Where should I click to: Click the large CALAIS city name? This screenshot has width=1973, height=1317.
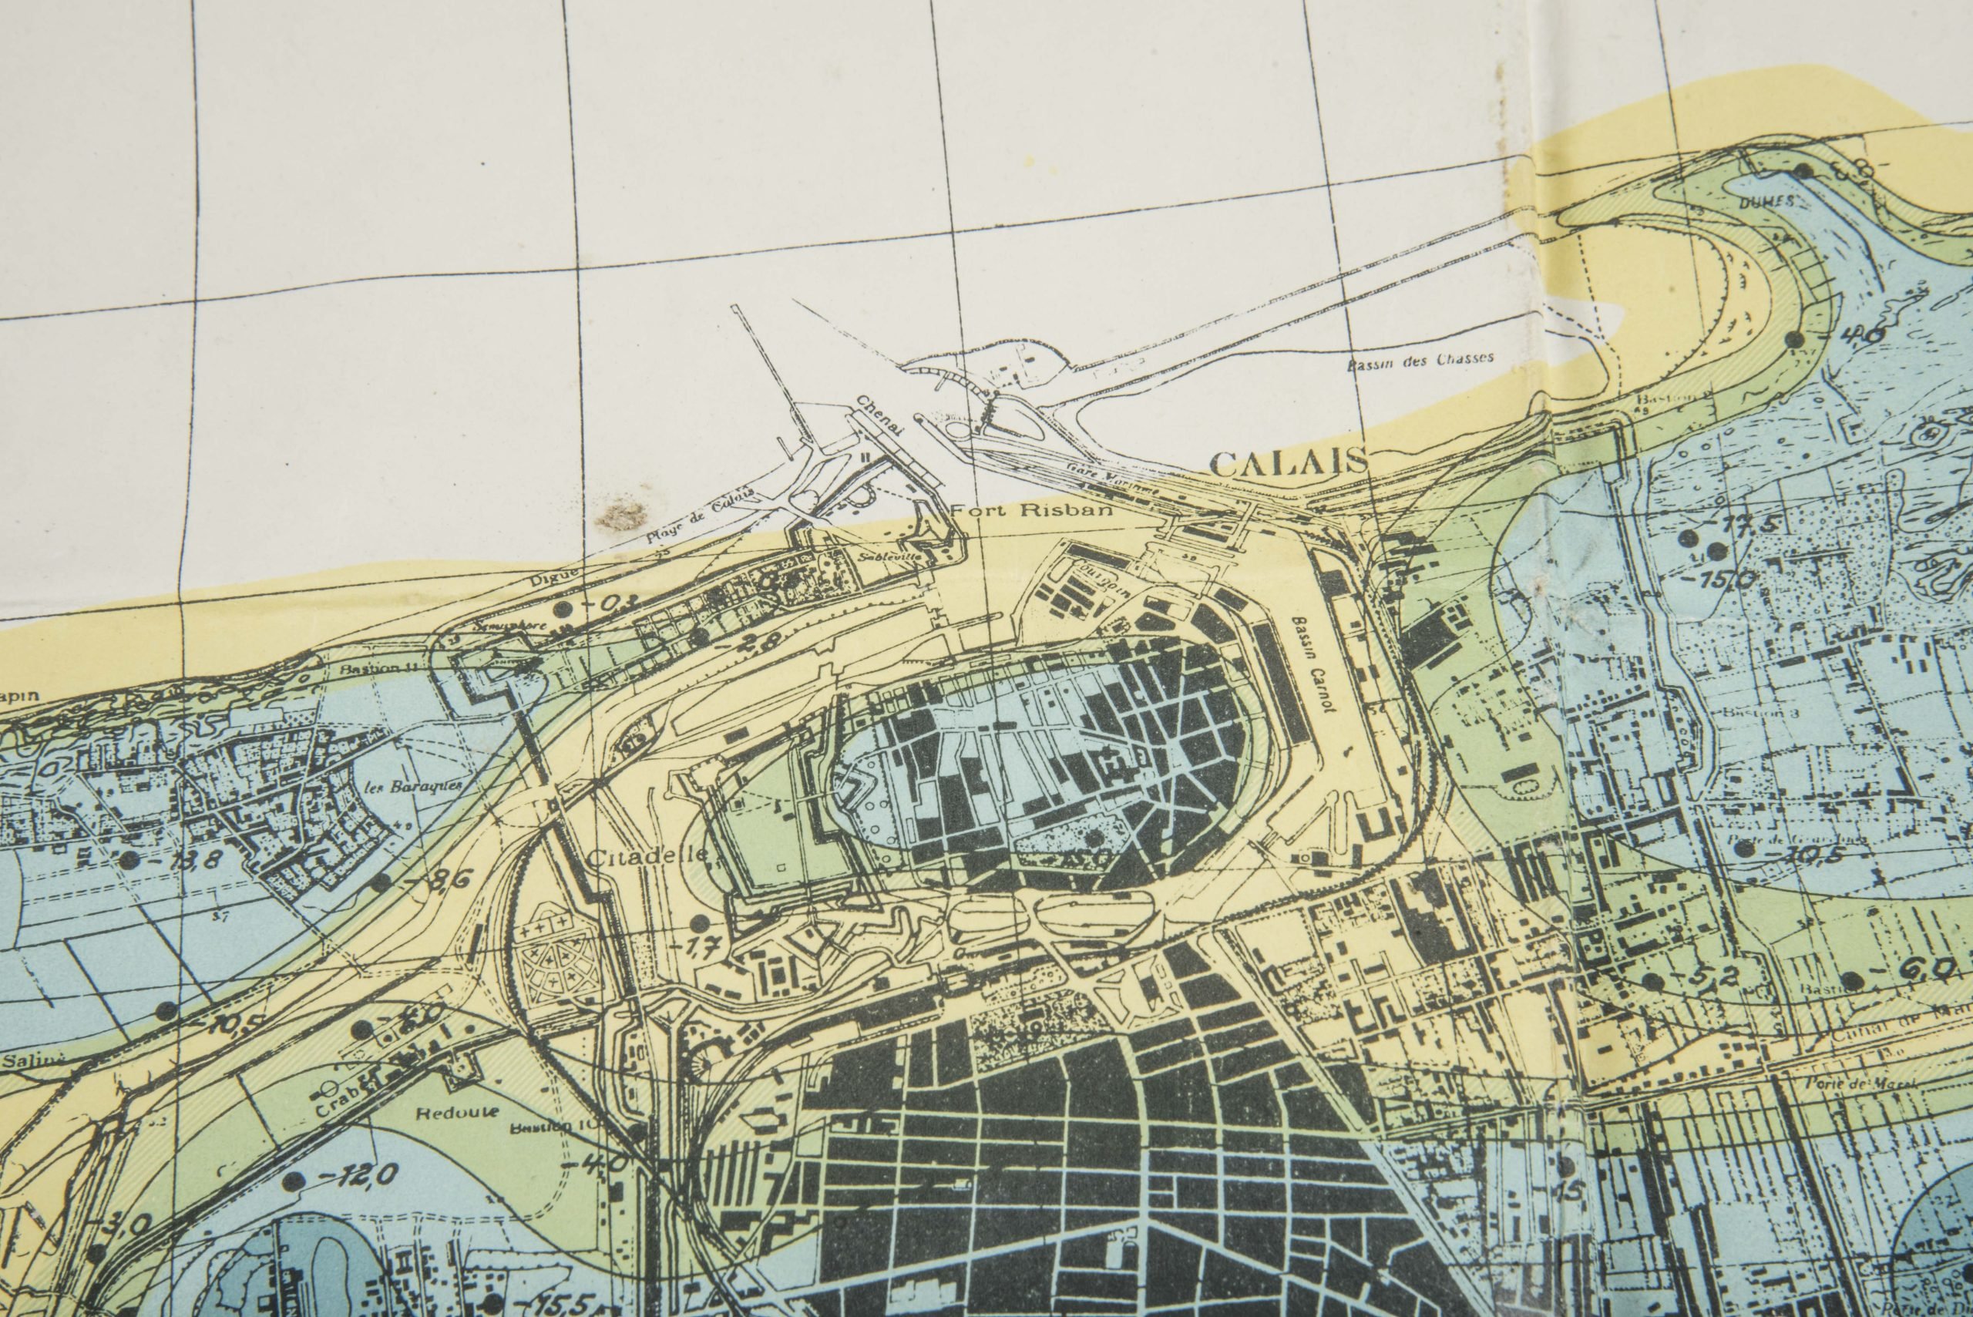click(1289, 461)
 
